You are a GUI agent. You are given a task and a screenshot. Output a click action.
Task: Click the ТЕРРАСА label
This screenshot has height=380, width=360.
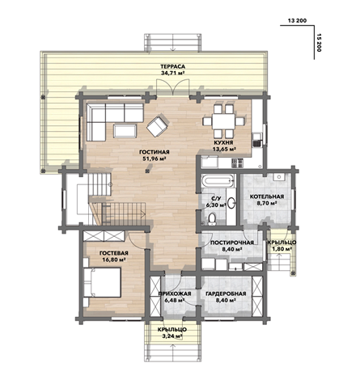(x=172, y=66)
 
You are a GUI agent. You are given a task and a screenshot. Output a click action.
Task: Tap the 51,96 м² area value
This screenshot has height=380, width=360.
(x=154, y=158)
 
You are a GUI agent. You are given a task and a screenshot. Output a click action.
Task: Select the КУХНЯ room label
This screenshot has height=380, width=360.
(x=223, y=142)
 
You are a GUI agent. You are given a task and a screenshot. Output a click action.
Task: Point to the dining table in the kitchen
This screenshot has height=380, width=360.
(x=223, y=121)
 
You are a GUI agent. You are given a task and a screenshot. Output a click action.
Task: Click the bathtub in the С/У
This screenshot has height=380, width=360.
(x=218, y=181)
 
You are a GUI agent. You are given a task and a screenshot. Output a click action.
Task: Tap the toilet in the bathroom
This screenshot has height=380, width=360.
(x=213, y=218)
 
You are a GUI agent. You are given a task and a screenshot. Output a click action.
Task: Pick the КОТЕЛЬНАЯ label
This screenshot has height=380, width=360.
(x=267, y=196)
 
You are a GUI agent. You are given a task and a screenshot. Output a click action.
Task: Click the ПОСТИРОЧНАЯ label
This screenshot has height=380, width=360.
(x=232, y=243)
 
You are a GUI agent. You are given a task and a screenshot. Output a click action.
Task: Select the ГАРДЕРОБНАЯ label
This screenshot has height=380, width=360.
(x=226, y=293)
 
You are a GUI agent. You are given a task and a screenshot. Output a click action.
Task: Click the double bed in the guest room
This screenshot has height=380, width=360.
(x=102, y=282)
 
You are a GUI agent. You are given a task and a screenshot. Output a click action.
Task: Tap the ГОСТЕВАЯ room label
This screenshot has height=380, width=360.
(x=114, y=253)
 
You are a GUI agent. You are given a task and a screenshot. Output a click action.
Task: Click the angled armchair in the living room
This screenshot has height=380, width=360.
(x=158, y=125)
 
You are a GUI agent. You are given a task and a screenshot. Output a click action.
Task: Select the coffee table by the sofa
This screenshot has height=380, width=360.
(x=125, y=131)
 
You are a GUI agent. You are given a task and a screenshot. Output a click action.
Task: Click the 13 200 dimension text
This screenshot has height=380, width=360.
(x=297, y=21)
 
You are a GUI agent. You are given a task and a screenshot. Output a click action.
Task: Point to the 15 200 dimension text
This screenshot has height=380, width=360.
(x=320, y=43)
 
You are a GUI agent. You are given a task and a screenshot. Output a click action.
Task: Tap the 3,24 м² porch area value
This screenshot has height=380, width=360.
(x=172, y=336)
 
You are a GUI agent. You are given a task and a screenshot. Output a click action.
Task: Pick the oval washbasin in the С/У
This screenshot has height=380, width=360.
(x=231, y=203)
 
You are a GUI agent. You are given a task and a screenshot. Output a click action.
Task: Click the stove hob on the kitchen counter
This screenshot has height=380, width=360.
(x=237, y=163)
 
